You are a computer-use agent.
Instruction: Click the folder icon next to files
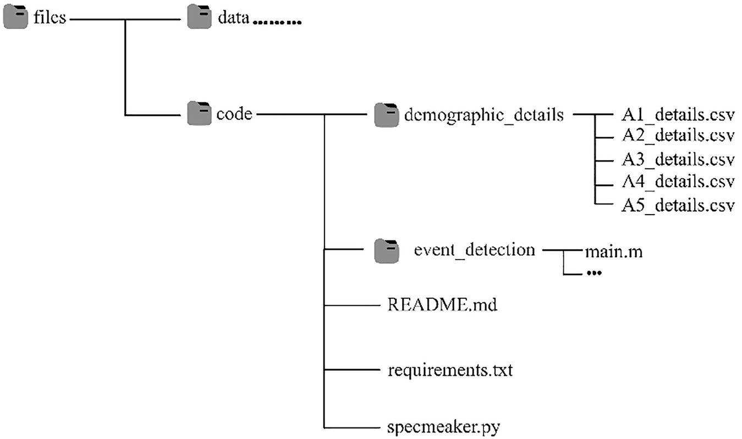pyautogui.click(x=15, y=18)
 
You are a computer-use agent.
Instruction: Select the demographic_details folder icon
pyautogui.click(x=387, y=115)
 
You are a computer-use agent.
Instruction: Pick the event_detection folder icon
pyautogui.click(x=387, y=250)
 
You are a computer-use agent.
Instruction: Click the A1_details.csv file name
pyautogui.click(x=678, y=116)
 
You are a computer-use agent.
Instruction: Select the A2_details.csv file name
pyautogui.click(x=678, y=136)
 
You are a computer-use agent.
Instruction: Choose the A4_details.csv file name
pyautogui.click(x=678, y=182)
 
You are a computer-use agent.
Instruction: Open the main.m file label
pyautogui.click(x=614, y=252)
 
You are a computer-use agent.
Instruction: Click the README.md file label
pyautogui.click(x=442, y=305)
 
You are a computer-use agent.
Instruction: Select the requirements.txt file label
pyautogui.click(x=450, y=370)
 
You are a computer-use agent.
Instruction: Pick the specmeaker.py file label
pyautogui.click(x=444, y=426)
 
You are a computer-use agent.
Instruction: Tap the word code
pyautogui.click(x=234, y=114)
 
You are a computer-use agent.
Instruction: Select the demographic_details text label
pyautogui.click(x=483, y=115)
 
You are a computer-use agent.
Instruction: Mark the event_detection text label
pyautogui.click(x=474, y=250)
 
